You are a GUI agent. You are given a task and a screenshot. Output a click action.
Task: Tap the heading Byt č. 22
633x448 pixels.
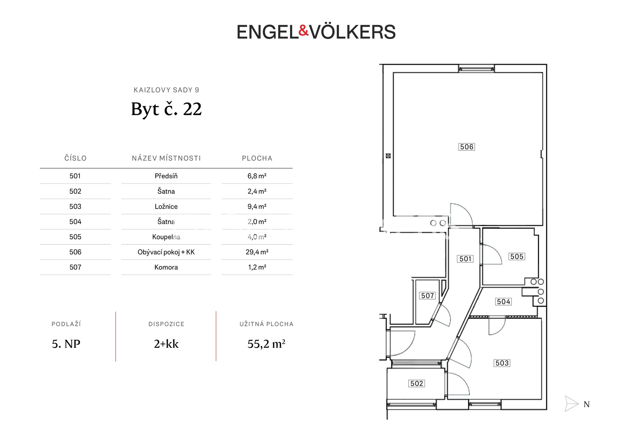pyautogui.click(x=166, y=109)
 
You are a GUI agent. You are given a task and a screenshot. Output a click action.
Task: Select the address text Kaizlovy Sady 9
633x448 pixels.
pyautogui.click(x=166, y=90)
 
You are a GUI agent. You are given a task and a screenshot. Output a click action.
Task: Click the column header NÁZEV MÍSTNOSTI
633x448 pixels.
pyautogui.click(x=166, y=158)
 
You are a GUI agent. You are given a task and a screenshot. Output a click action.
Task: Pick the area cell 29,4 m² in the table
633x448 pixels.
pyautogui.click(x=257, y=252)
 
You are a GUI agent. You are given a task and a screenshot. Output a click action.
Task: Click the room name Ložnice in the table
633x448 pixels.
pyautogui.click(x=166, y=207)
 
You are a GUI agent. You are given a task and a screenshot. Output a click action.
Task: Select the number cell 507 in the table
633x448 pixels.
pyautogui.click(x=75, y=267)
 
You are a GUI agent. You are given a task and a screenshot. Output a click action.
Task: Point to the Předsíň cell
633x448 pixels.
pyautogui.click(x=166, y=176)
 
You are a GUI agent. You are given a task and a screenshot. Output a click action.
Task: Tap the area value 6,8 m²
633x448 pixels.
pyautogui.click(x=257, y=176)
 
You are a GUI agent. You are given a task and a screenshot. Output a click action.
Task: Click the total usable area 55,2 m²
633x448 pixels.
pyautogui.click(x=266, y=344)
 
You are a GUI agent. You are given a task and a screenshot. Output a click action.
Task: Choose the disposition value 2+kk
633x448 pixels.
pyautogui.click(x=166, y=344)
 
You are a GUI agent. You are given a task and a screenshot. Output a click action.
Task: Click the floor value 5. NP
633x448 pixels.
pyautogui.click(x=66, y=344)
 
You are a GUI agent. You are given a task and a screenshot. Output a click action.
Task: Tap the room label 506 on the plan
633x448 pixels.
pyautogui.click(x=467, y=147)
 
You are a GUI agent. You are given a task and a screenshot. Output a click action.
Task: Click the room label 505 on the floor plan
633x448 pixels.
pyautogui.click(x=517, y=256)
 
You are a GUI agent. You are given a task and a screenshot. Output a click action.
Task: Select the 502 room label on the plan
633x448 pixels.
pyautogui.click(x=417, y=383)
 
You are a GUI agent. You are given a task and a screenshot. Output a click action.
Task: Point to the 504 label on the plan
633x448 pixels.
pyautogui.click(x=503, y=302)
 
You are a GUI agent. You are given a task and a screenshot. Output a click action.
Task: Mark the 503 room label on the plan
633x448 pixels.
pyautogui.click(x=502, y=363)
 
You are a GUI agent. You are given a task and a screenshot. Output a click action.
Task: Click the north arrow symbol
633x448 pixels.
pyautogui.click(x=571, y=403)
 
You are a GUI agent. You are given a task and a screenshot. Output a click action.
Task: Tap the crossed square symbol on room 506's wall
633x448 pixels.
pyautogui.click(x=388, y=156)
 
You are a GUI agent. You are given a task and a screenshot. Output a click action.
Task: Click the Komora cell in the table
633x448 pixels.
pyautogui.click(x=166, y=267)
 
